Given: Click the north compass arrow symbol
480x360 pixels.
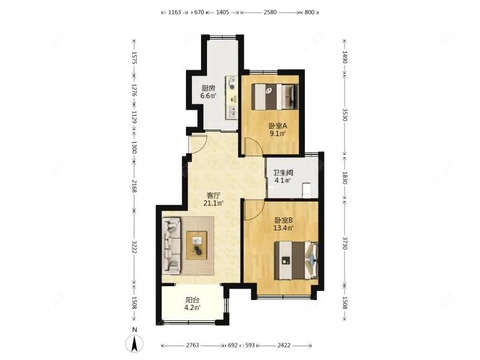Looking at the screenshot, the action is (134, 343).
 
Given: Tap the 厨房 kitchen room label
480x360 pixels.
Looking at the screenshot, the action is (208, 88).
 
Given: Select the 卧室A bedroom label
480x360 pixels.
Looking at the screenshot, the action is (278, 126).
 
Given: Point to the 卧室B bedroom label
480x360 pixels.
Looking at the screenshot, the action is (283, 220).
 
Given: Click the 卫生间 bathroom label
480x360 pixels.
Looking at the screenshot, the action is (283, 173).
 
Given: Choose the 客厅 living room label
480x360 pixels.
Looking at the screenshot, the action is (214, 196).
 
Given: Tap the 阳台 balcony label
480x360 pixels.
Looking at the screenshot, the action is (193, 301).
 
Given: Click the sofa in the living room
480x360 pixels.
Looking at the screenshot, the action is (172, 245).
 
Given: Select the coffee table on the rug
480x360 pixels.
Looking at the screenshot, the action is (197, 245).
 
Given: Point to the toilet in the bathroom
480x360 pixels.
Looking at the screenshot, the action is (307, 190).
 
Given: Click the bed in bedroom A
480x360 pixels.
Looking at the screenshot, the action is (275, 97).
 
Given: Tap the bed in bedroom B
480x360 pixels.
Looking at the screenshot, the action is (296, 260).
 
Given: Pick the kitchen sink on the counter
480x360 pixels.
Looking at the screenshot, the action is (232, 112).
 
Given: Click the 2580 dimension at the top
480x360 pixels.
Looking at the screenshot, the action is (271, 12).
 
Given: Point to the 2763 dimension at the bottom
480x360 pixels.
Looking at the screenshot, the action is (193, 346).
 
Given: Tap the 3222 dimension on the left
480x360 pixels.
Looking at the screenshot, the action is (134, 247).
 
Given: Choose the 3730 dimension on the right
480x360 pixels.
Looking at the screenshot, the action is (344, 243).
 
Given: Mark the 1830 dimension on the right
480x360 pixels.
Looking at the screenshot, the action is (344, 178).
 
